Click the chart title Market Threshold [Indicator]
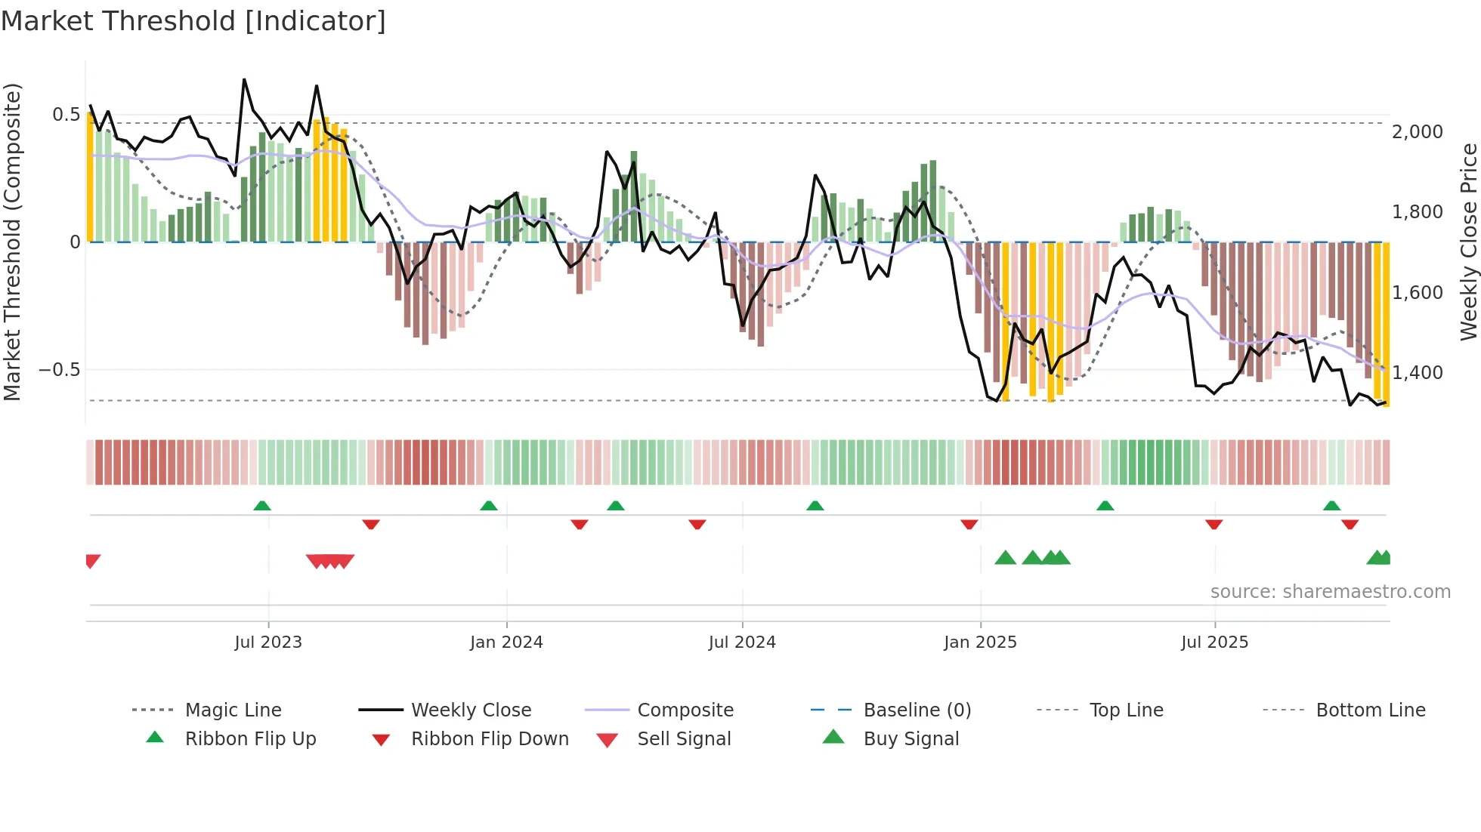point(193,21)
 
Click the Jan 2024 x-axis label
point(506,642)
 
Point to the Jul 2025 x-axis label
point(1214,642)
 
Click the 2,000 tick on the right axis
point(1417,132)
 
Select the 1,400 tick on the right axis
point(1417,372)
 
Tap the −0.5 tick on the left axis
point(59,370)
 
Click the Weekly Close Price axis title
point(1467,242)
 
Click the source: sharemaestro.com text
point(1330,592)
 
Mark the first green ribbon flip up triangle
point(262,506)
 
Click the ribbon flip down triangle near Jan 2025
point(969,524)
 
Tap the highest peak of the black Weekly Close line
point(244,79)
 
